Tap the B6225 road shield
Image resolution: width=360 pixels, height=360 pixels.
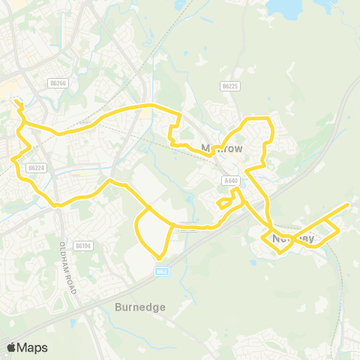230,86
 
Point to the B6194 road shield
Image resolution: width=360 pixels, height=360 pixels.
83,245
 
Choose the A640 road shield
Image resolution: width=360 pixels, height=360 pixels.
230,180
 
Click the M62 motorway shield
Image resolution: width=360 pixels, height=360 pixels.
160,272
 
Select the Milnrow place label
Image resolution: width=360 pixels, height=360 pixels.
223,148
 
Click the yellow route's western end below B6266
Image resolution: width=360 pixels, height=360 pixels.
15,101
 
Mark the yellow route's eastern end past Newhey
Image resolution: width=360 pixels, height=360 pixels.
349,204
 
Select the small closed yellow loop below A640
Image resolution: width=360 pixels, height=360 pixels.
223,202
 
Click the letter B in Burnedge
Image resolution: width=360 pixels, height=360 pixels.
118,307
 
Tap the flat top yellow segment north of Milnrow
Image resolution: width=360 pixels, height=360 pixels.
259,118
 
